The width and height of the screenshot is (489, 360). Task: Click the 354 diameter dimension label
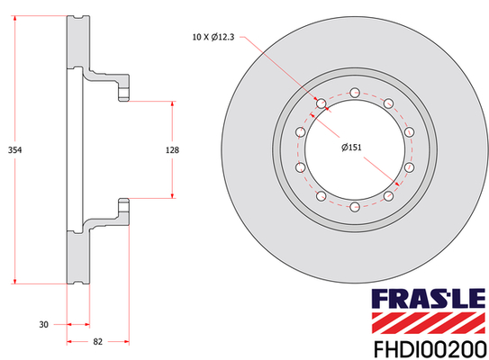coord(14,150)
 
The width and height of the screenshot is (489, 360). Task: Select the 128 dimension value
coord(172,150)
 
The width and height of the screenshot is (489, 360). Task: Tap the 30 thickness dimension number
coord(43,325)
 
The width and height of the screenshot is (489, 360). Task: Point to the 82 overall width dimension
coord(97,342)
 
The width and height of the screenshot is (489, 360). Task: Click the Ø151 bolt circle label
coord(351,147)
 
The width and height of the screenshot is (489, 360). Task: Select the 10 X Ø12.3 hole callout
coord(213,37)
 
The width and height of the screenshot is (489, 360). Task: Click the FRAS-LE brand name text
coord(429,298)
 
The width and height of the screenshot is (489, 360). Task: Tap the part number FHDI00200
coord(430,350)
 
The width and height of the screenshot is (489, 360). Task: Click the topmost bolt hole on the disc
coord(355,93)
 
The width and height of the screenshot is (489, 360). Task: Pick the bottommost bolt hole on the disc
coord(355,207)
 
